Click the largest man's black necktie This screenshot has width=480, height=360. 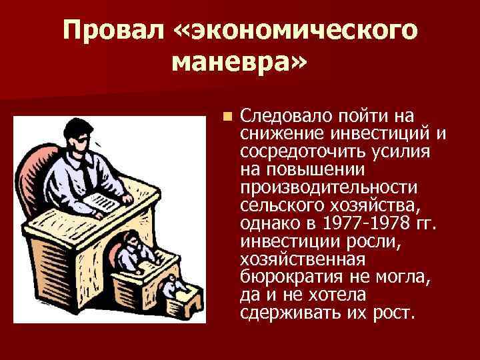click(87, 175)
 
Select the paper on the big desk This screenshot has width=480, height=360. click(101, 203)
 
